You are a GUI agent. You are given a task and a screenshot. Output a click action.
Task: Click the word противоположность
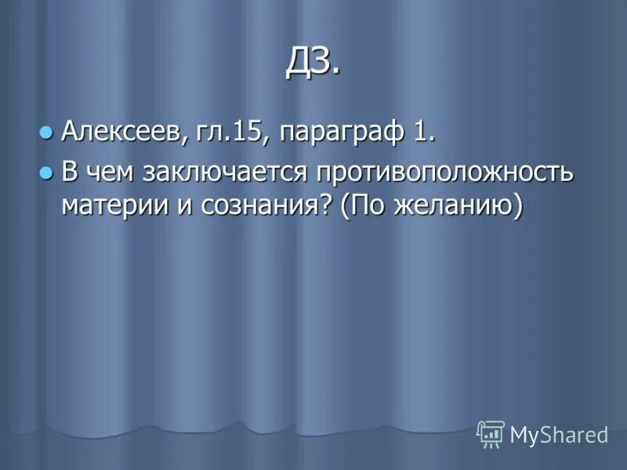tap(444, 173)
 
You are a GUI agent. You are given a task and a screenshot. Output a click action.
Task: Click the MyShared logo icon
tap(491, 433)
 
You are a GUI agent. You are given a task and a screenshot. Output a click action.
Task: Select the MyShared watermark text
tap(560, 435)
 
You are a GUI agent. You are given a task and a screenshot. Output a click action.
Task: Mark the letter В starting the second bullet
tap(70, 172)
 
